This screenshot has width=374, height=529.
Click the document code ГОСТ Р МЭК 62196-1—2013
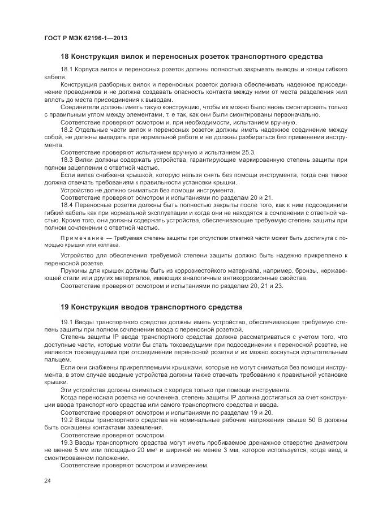(85, 38)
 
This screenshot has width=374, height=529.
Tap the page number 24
(47, 481)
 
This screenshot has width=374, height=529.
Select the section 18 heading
(191, 57)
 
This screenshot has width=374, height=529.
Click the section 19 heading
(151, 307)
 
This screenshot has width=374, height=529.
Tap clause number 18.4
(67, 205)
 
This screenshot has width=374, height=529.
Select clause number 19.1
(67, 322)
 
